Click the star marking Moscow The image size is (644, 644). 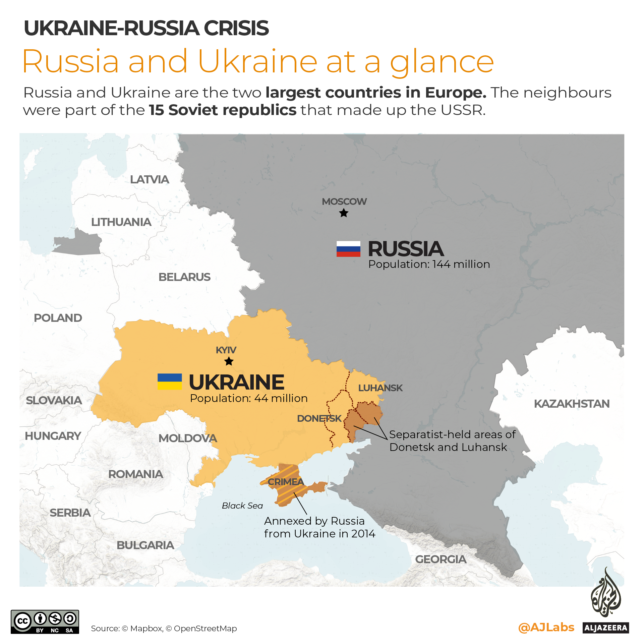(344, 213)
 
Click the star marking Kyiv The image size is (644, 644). (229, 361)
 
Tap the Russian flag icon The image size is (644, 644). (348, 249)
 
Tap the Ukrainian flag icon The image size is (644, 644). (170, 382)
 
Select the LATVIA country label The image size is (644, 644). (150, 180)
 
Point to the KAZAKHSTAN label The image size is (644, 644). (572, 404)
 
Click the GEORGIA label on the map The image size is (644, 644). (441, 559)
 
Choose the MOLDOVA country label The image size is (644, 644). (188, 438)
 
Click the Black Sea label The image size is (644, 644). (242, 506)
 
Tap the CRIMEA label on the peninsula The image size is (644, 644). (286, 482)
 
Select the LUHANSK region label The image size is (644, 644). (380, 388)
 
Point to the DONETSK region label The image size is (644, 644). (319, 418)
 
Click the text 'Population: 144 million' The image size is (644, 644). (429, 264)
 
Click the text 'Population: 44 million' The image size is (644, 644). (249, 398)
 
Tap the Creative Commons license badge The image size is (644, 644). (45, 622)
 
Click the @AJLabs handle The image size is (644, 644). (546, 627)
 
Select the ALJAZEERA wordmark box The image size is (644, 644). (606, 628)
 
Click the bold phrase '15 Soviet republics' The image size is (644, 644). (223, 110)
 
